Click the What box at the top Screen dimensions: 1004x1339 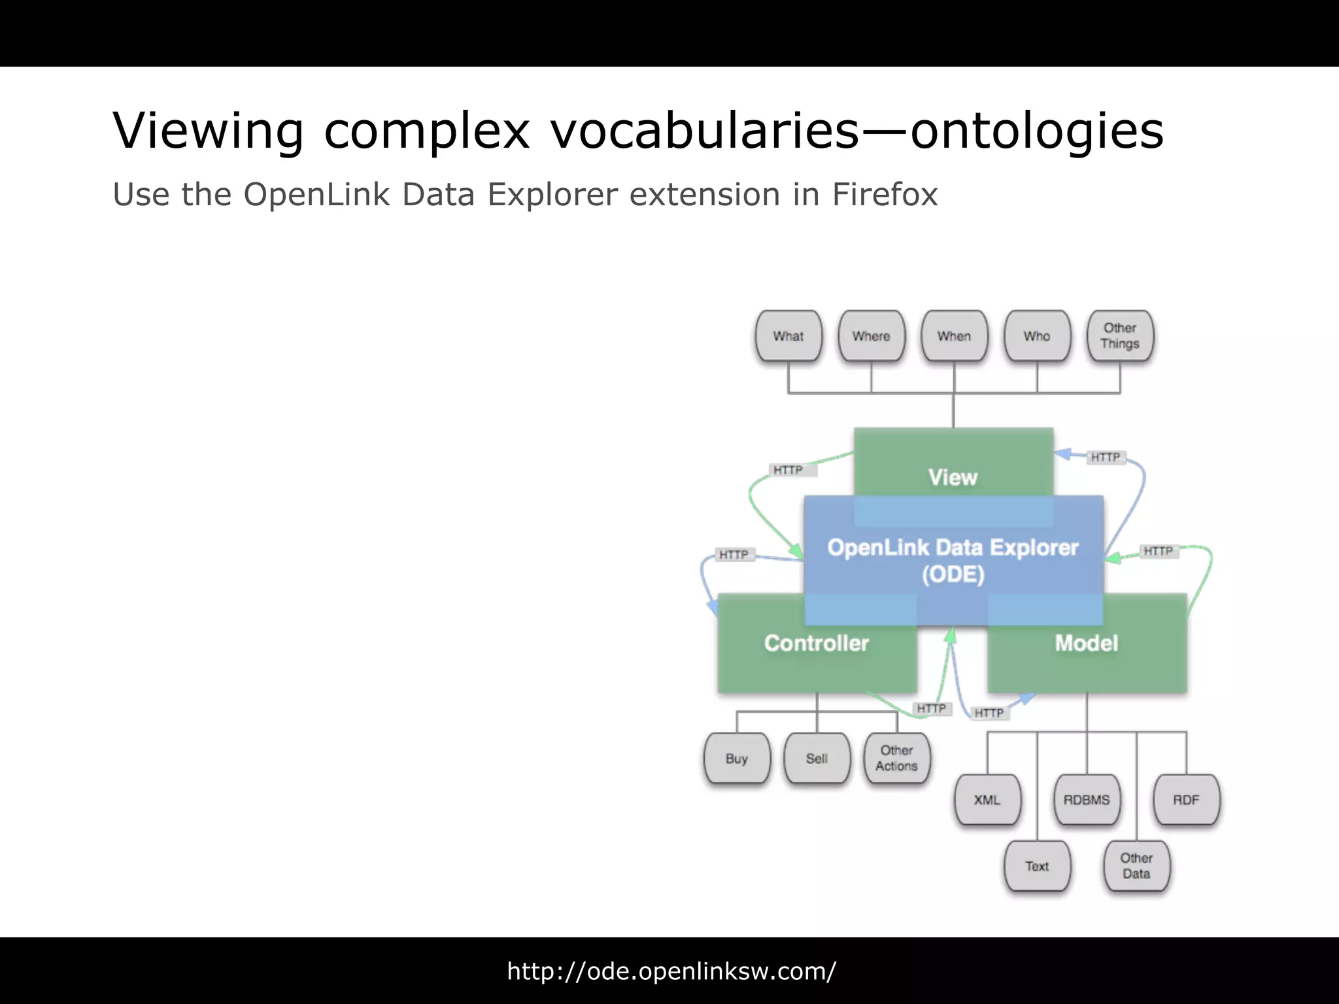click(x=788, y=336)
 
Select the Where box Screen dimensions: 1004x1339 click(x=871, y=336)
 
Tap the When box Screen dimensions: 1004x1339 click(x=954, y=336)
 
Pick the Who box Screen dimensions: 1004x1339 click(x=1037, y=336)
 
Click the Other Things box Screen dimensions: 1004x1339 click(x=1120, y=336)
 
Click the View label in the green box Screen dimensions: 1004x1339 click(x=953, y=477)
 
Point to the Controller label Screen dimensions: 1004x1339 click(x=817, y=643)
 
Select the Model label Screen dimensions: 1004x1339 click(x=1087, y=643)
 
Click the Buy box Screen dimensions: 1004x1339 click(x=737, y=758)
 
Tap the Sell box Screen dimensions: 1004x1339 click(x=817, y=758)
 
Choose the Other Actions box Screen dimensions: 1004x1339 click(x=896, y=758)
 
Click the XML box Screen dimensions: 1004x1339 click(x=987, y=799)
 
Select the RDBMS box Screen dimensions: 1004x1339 click(x=1087, y=799)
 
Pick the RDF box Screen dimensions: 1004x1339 click(x=1186, y=799)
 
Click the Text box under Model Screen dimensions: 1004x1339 click(x=1037, y=866)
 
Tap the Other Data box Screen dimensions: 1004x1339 click(x=1136, y=866)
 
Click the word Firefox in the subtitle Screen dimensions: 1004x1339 click(x=885, y=195)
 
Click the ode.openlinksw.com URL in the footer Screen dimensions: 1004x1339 click(x=671, y=971)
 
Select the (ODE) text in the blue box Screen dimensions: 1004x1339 click(x=953, y=575)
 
